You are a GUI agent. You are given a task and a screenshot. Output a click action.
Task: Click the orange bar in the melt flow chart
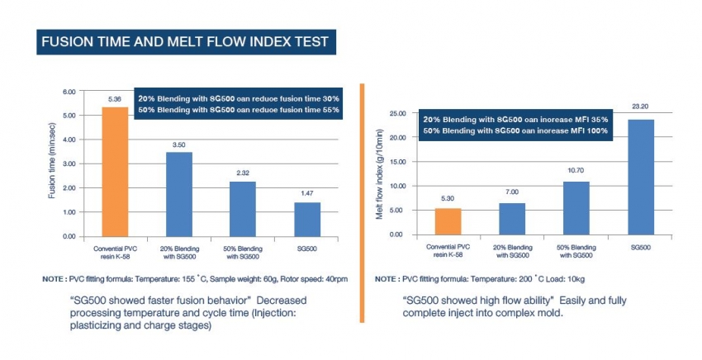click(448, 221)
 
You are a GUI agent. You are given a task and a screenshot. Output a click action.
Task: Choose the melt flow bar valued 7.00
click(511, 218)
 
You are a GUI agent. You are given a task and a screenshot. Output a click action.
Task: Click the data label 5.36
click(115, 99)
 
